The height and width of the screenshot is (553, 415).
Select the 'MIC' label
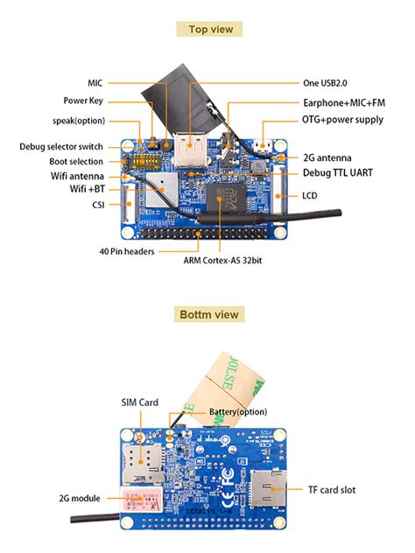coord(95,83)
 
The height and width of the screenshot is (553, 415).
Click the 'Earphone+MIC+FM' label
coord(341,102)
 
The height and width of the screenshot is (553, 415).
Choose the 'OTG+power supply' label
coord(342,119)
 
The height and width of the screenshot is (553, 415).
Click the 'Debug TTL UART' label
coord(338,172)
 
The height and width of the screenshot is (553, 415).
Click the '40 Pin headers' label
coord(127,251)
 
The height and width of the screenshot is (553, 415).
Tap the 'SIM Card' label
coord(139,402)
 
